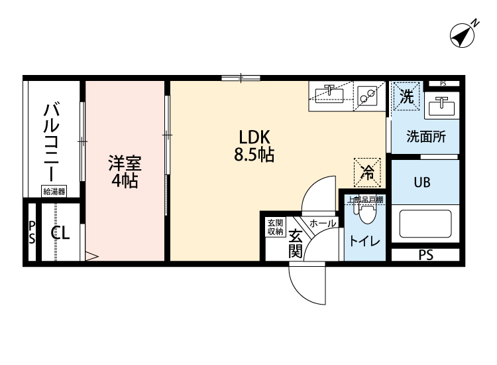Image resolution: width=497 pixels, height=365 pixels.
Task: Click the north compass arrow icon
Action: point(465,35)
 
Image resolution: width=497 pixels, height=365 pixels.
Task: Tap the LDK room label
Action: point(253,137)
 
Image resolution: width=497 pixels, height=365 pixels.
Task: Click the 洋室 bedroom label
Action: point(125,163)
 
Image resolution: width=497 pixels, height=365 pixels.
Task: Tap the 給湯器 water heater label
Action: point(54,192)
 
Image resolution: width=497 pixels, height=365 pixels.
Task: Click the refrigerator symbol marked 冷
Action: point(367,172)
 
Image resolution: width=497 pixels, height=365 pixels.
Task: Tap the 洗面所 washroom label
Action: point(425,137)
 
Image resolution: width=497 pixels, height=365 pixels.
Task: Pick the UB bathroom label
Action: point(422,183)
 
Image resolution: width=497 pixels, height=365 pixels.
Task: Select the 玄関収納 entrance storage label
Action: point(275,226)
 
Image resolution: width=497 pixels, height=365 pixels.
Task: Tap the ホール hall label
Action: point(322,224)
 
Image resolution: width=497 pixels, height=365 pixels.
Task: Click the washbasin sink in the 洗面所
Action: point(441,106)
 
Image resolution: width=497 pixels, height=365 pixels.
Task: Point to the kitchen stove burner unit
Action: point(366,97)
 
